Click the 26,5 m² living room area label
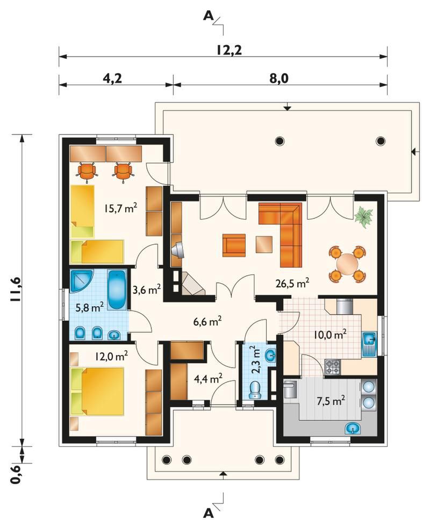pyautogui.click(x=292, y=283)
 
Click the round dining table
pyautogui.click(x=347, y=264)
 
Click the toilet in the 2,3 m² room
pyautogui.click(x=255, y=390)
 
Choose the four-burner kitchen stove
pyautogui.click(x=333, y=367)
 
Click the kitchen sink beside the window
pyautogui.click(x=369, y=344)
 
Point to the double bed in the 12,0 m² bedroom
pyautogui.click(x=97, y=391)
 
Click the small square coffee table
pyautogui.click(x=264, y=244)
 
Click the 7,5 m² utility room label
pyautogui.click(x=331, y=401)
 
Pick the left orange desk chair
pyautogui.click(x=87, y=172)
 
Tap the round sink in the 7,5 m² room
pyautogui.click(x=353, y=429)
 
